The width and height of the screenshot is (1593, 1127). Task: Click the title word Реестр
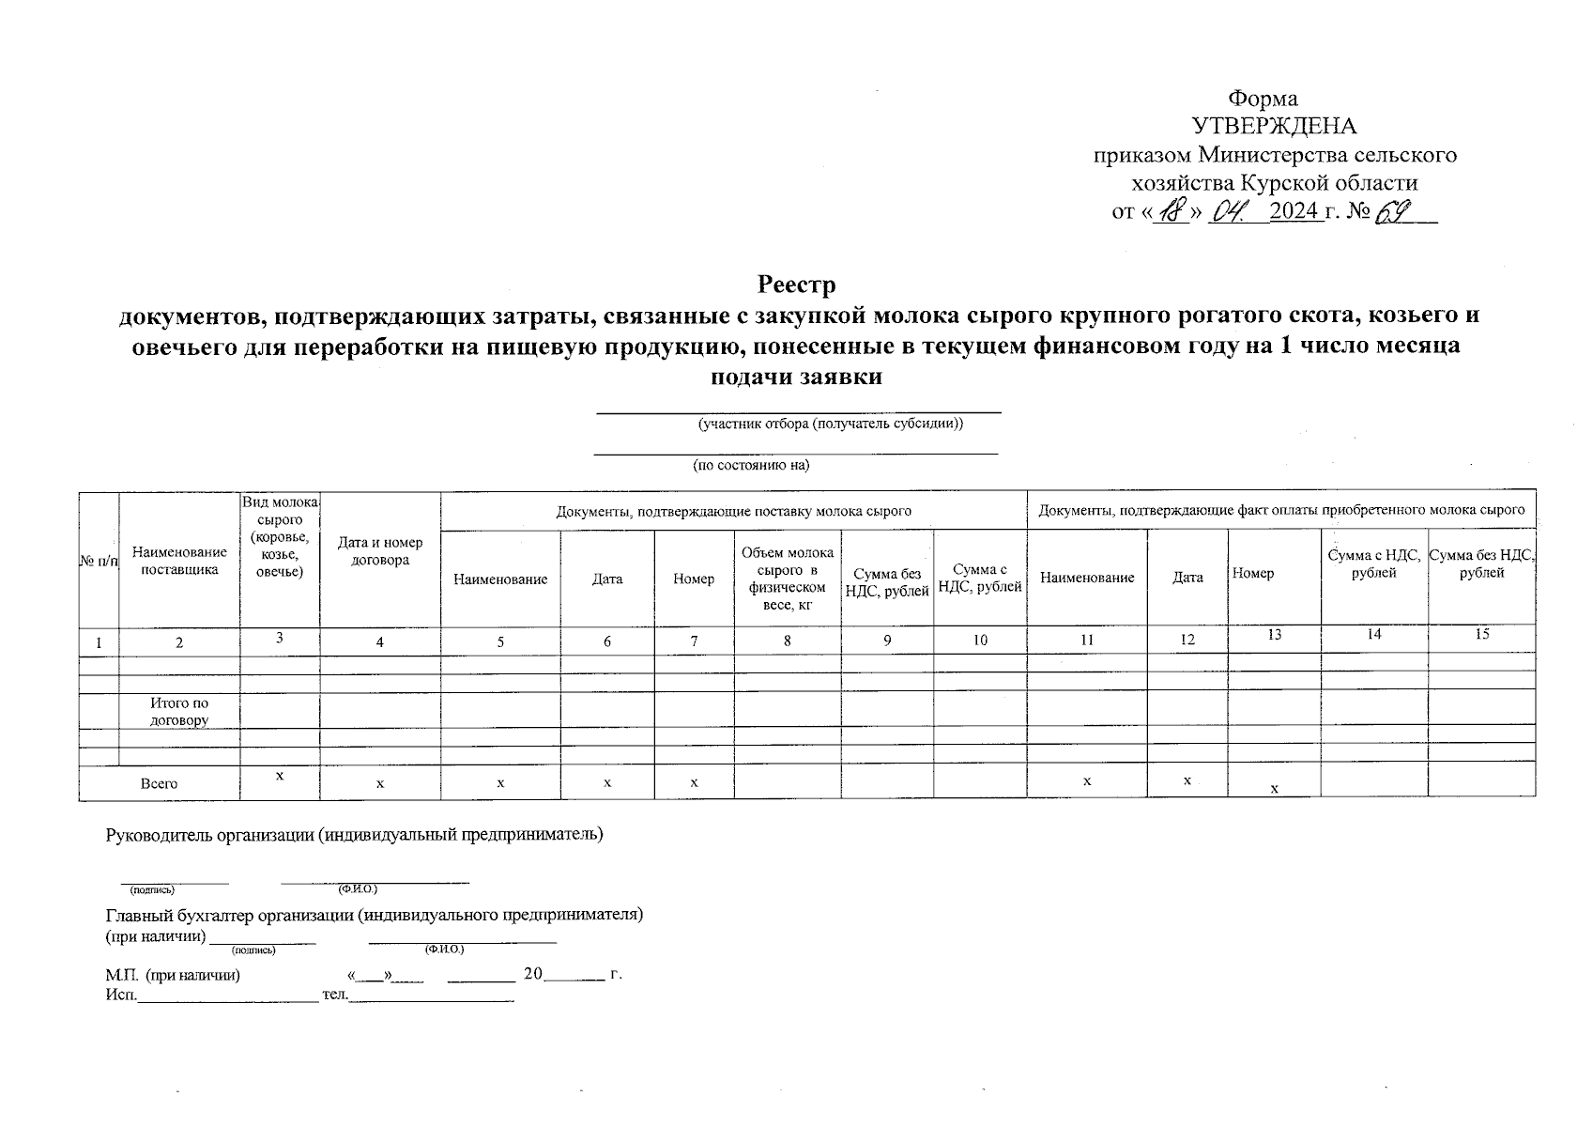point(796,284)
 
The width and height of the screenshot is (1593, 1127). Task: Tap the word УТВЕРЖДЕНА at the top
point(1274,127)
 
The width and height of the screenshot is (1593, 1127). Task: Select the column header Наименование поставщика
point(179,561)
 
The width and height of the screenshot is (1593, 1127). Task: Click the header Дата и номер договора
point(380,551)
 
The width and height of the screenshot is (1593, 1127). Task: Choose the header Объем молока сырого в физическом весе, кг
point(787,579)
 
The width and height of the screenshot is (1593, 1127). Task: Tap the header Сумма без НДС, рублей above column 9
point(887,582)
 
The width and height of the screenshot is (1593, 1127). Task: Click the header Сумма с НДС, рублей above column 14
point(1373,564)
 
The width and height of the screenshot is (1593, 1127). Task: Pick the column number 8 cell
point(787,641)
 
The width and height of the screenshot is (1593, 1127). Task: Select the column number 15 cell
point(1481,635)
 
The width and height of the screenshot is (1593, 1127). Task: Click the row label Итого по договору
point(179,712)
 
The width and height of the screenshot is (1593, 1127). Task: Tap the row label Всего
point(159,783)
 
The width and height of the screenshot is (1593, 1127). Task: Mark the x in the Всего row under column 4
point(380,783)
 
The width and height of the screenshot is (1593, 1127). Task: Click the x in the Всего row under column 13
point(1274,789)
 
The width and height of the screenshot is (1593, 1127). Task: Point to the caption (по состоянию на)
point(751,465)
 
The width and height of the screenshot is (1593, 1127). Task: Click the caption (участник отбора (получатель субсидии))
point(830,424)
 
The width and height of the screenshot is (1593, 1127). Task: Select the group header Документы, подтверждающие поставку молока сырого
point(733,511)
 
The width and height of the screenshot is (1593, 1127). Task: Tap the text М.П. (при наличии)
point(173,975)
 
